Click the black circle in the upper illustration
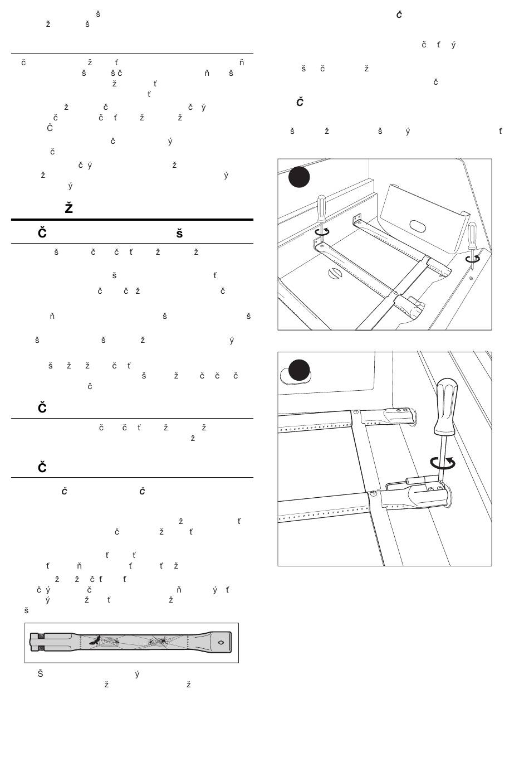[299, 177]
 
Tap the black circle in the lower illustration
[299, 370]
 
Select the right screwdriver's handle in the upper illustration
[472, 232]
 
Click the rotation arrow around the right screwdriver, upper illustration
[473, 258]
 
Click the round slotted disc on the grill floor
[335, 273]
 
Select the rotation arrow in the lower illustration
[443, 462]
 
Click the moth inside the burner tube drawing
[95, 641]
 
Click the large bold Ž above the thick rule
[69, 208]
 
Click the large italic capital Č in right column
[300, 102]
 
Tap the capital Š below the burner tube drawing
[40, 673]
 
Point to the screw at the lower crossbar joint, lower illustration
[372, 493]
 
